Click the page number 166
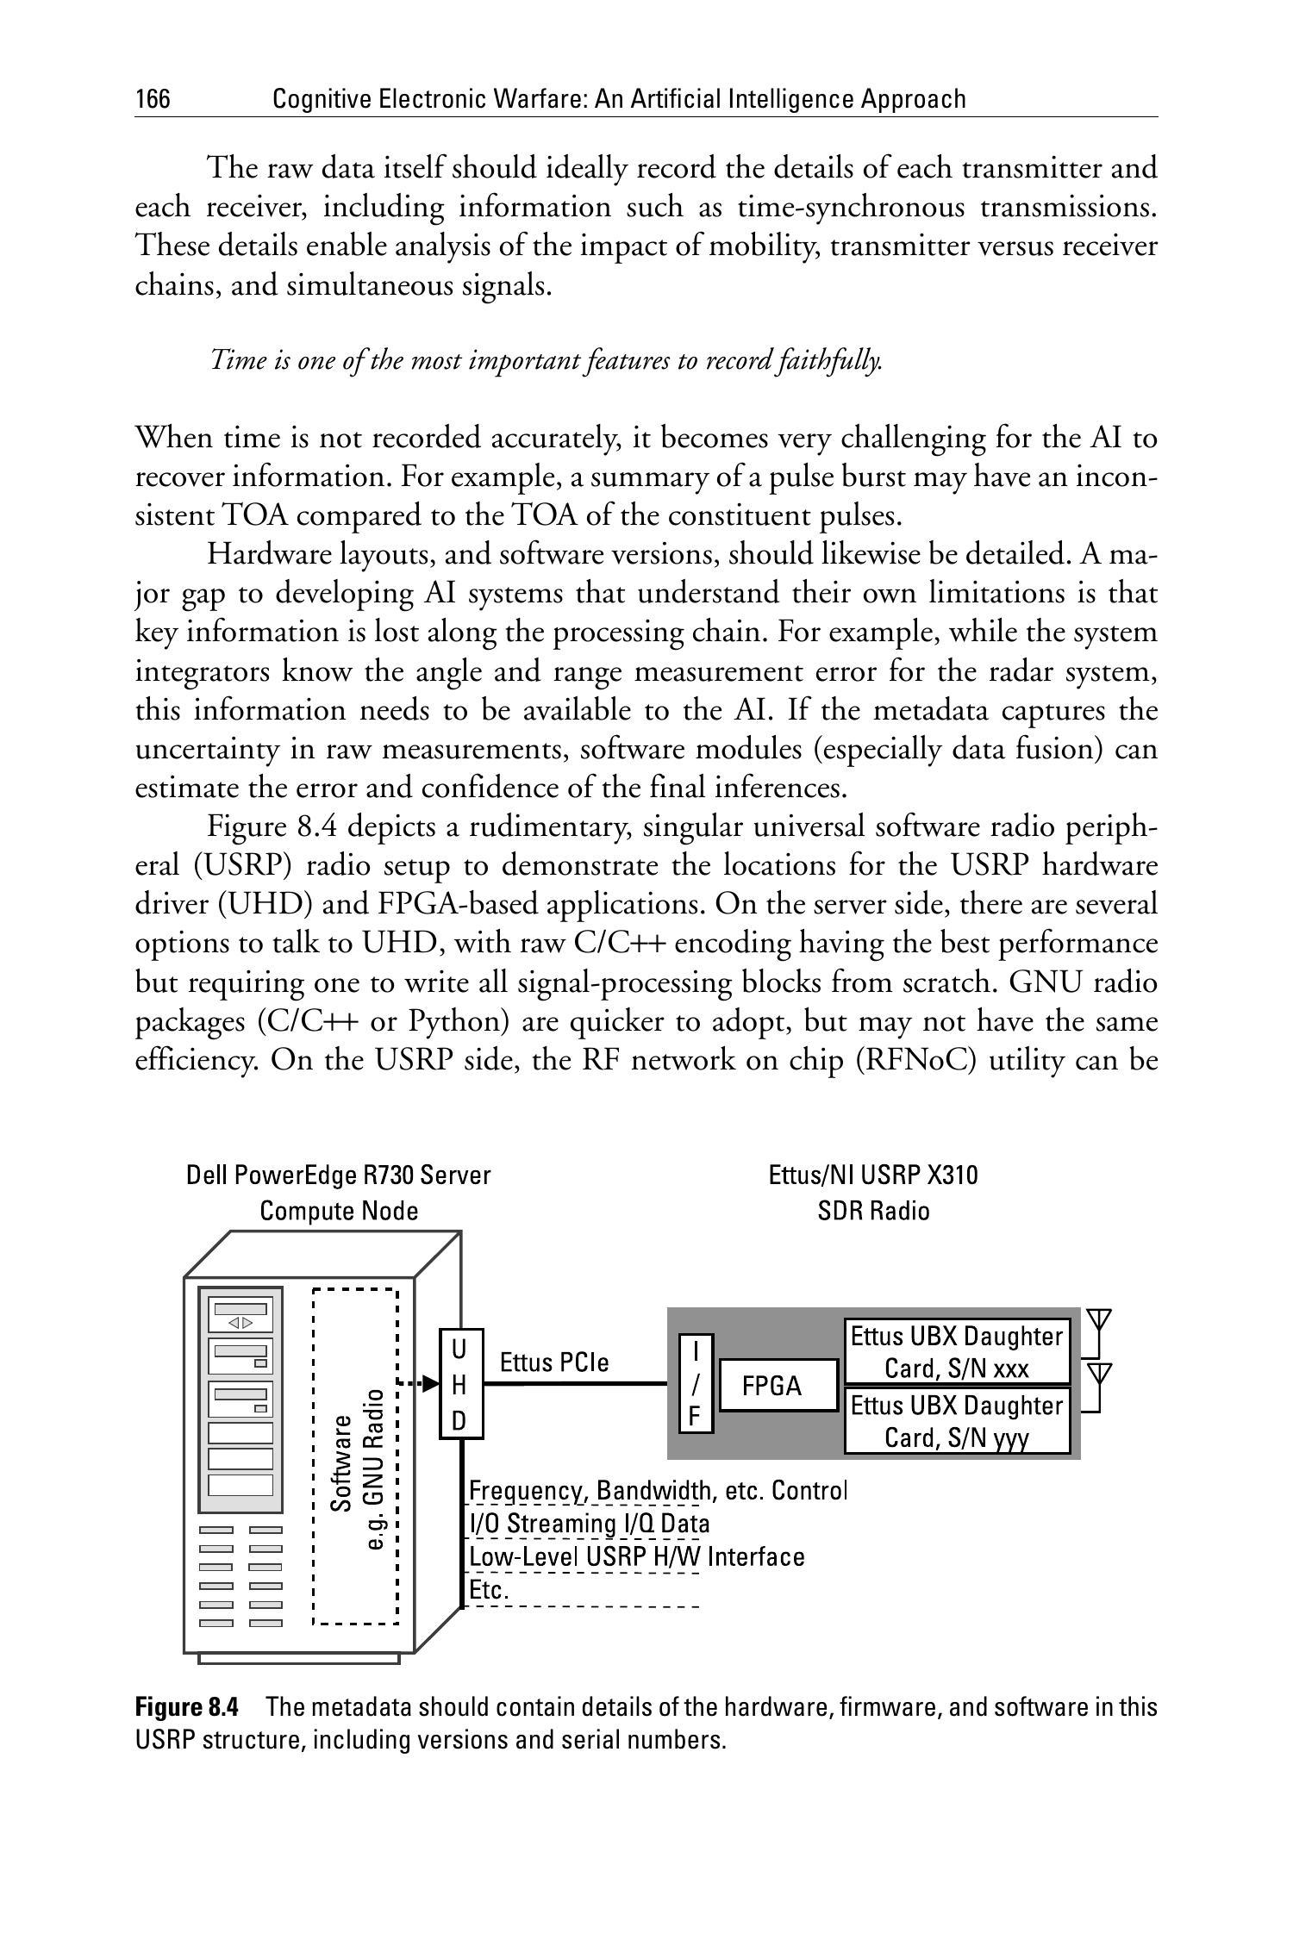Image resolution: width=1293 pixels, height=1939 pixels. pyautogui.click(x=153, y=100)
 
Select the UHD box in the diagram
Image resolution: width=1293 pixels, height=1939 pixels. pyautogui.click(x=460, y=1385)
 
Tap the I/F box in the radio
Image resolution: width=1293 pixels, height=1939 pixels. pyautogui.click(x=696, y=1383)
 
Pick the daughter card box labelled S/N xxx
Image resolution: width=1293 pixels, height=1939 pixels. pyautogui.click(x=957, y=1351)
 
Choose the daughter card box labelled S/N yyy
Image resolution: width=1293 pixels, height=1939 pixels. pyautogui.click(x=957, y=1420)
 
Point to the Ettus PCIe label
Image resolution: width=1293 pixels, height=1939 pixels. pyautogui.click(x=554, y=1362)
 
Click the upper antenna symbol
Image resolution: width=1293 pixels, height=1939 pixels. pyautogui.click(x=1097, y=1321)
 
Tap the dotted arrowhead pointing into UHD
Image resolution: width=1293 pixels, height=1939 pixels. pyautogui.click(x=430, y=1383)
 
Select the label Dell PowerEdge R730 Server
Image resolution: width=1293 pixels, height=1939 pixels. pyautogui.click(x=338, y=1175)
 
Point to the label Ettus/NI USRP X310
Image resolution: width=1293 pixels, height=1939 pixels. pyautogui.click(x=873, y=1175)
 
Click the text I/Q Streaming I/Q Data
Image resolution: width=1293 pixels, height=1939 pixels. pyautogui.click(x=589, y=1524)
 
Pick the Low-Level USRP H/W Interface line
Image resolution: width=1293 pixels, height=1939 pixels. pyautogui.click(x=636, y=1557)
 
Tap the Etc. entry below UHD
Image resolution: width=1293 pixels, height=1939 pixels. pyautogui.click(x=487, y=1590)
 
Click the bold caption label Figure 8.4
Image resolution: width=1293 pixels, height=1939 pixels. pyautogui.click(x=186, y=1707)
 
